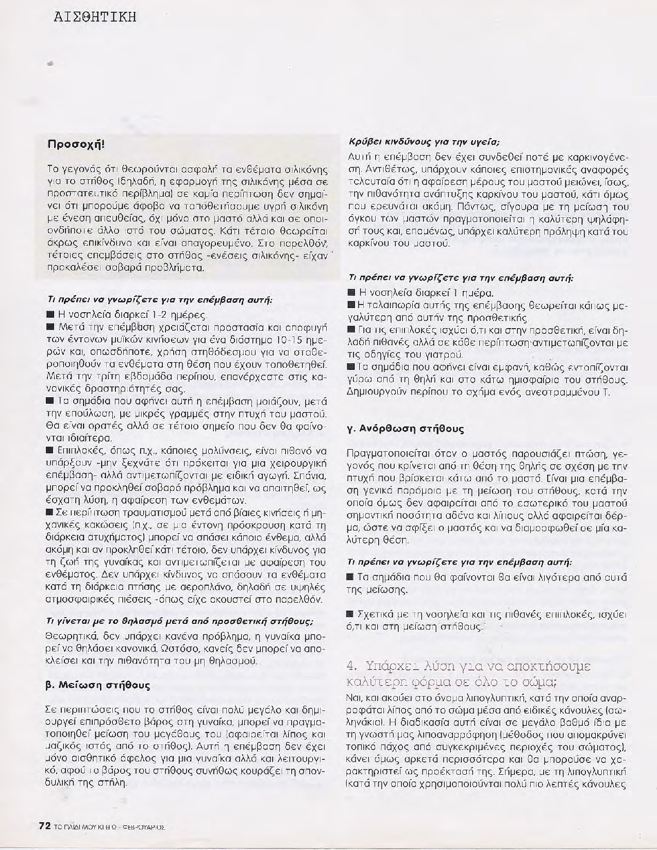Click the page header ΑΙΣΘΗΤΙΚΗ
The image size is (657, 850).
(x=95, y=17)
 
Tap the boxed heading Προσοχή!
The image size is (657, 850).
(x=76, y=143)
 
